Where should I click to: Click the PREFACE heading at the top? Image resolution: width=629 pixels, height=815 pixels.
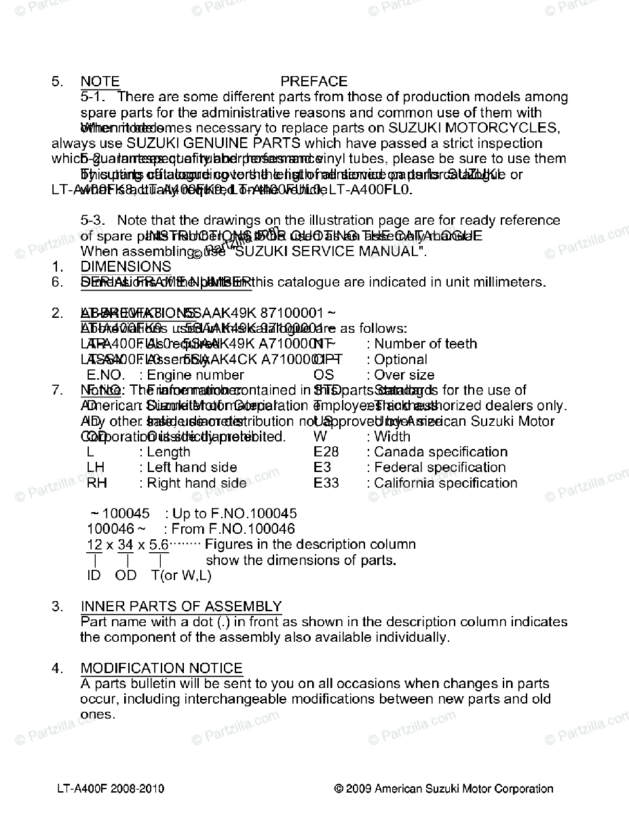[x=313, y=81]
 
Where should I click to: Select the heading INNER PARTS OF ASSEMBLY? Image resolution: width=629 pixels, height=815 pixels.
[x=181, y=606]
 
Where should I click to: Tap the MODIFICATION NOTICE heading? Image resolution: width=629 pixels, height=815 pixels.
[x=161, y=668]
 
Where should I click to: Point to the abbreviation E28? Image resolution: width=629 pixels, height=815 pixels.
[x=326, y=452]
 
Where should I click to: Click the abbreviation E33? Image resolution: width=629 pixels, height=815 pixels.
[x=326, y=483]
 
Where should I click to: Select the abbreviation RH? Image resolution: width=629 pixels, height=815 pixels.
[x=97, y=483]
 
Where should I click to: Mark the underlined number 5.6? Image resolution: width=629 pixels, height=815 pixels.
[x=158, y=544]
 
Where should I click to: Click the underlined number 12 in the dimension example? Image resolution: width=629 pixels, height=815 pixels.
[x=94, y=544]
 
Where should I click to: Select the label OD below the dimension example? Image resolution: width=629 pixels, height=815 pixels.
[x=126, y=575]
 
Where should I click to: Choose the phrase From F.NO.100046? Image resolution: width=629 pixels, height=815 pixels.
[x=229, y=528]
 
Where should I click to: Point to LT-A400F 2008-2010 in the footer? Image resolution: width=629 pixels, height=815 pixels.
[x=111, y=789]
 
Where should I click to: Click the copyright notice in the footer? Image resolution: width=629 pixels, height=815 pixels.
[x=444, y=789]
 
